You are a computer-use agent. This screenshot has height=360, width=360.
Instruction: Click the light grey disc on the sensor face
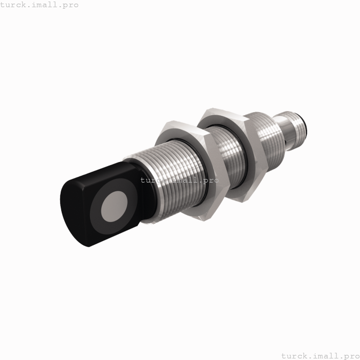coord(114,206)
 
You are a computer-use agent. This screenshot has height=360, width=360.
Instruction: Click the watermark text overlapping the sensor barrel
coord(179,181)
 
